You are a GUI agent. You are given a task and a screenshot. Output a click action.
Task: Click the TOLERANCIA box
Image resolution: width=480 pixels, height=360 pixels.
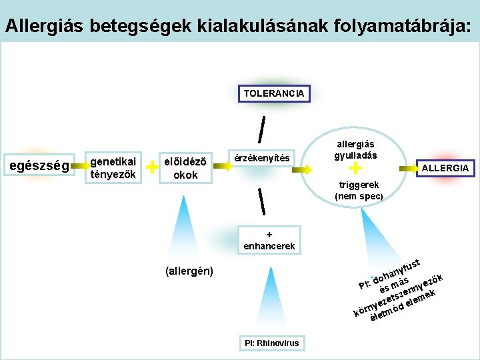pos(273,93)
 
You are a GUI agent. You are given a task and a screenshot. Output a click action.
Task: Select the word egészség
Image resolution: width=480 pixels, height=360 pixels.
pos(39,166)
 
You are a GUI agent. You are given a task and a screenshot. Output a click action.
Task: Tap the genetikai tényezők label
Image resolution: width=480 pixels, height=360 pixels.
pos(113,168)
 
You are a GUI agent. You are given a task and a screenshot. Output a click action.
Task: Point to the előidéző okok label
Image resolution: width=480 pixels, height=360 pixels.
pos(185,168)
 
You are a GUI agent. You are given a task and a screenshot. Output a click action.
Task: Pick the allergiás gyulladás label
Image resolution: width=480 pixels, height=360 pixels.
pos(355,149)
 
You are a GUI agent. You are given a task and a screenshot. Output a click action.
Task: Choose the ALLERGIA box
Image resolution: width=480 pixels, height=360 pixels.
pos(445,168)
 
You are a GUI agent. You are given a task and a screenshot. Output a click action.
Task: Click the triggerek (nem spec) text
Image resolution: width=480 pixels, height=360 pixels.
pos(359,190)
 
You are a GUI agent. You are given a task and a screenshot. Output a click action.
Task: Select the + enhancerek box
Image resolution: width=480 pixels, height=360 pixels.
pos(269,241)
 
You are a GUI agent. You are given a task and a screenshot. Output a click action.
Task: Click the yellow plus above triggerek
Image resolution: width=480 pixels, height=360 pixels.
pos(355,170)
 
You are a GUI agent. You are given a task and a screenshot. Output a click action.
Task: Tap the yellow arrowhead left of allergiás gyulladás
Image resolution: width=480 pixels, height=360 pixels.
pos(307,170)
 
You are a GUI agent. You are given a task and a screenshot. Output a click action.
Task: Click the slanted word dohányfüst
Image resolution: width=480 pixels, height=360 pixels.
pos(396,269)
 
